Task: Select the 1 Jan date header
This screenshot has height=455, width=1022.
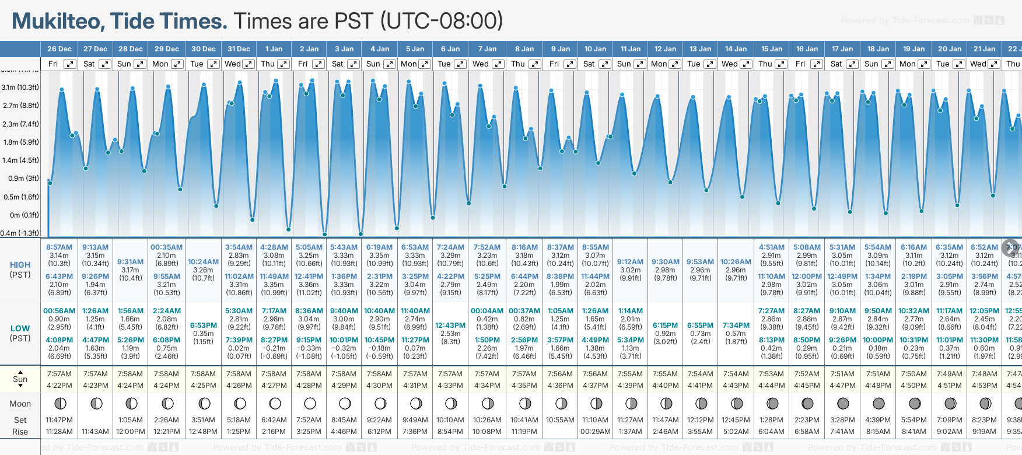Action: [x=274, y=49]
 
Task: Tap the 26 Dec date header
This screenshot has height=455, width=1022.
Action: [x=60, y=49]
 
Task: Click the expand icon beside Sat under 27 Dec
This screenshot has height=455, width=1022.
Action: [x=105, y=64]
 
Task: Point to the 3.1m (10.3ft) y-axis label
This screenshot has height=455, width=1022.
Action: [x=20, y=87]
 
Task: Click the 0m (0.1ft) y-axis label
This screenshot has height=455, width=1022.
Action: [x=24, y=215]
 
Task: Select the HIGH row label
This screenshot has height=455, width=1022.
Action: [x=20, y=265]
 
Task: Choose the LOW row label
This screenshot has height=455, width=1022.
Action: [x=20, y=328]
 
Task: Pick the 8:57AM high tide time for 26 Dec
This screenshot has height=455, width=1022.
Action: [x=60, y=247]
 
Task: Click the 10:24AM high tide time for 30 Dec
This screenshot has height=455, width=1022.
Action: [x=203, y=262]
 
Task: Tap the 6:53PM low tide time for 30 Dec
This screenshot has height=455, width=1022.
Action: [x=203, y=325]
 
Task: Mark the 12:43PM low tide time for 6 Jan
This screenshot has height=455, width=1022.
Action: [x=450, y=325]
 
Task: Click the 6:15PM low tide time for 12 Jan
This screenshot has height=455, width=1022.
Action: [x=665, y=325]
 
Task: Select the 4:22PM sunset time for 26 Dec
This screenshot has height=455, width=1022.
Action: [x=60, y=386]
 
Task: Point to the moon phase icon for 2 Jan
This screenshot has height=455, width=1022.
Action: [x=310, y=403]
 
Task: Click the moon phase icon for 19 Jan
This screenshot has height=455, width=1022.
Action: [x=914, y=403]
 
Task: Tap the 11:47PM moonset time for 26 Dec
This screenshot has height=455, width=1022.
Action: [x=60, y=420]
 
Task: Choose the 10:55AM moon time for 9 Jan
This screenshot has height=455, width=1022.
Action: [x=561, y=420]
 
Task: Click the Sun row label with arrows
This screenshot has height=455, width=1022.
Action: [x=20, y=379]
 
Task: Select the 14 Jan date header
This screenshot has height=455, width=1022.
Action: [x=736, y=49]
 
